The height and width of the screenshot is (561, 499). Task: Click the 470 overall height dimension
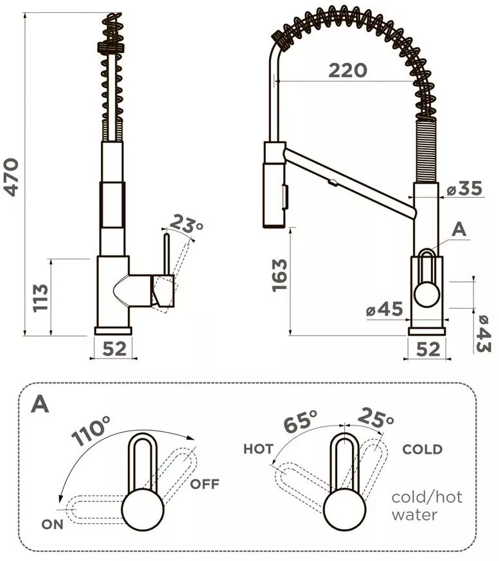[11, 177]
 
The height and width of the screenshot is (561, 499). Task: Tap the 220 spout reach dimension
[347, 71]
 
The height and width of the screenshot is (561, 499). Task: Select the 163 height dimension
[279, 275]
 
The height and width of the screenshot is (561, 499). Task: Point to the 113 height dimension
[40, 298]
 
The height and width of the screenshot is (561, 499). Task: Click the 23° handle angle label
[186, 224]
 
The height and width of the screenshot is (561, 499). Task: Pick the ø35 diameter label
[464, 188]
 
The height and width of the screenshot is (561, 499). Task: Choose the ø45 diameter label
[385, 309]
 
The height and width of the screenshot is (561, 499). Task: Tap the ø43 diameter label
[483, 333]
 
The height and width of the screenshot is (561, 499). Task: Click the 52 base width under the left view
[114, 349]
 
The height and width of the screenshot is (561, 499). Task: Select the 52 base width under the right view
[428, 349]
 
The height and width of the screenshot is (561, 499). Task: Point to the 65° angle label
[300, 420]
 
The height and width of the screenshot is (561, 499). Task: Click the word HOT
[258, 449]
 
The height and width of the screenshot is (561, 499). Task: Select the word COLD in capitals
[423, 449]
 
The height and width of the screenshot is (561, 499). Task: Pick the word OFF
[204, 484]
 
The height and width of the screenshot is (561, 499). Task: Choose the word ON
[52, 524]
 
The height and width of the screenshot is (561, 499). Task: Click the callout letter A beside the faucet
[459, 229]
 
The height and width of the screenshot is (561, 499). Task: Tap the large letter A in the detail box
[40, 404]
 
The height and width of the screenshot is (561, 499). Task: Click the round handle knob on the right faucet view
[426, 295]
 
